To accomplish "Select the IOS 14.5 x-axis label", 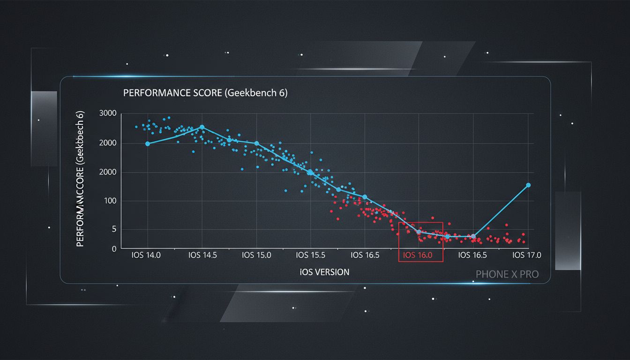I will pos(202,255).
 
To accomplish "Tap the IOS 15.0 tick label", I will pos(256,255).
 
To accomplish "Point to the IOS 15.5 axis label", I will pos(310,255).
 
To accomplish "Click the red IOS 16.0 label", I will pos(420,255).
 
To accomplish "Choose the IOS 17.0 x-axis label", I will pos(527,255).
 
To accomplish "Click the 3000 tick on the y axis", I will pos(108,113).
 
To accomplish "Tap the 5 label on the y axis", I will pos(113,229).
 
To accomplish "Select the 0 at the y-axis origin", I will pos(114,249).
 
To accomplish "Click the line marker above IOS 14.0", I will pos(148,144).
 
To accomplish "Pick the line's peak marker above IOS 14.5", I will pos(202,127).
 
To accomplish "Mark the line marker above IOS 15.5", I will pos(310,172).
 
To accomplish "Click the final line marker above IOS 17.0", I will pos(528,185).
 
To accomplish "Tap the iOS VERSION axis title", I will pos(324,272).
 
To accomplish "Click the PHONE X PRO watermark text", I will pos(507,274).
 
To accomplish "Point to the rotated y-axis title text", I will pos(80,179).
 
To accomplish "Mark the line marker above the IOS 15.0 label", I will pos(256,143).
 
